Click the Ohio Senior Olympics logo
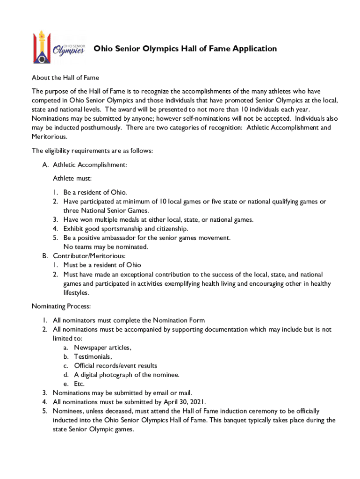58,47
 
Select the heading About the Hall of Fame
65,78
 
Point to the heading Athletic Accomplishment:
90,165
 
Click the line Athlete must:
72,179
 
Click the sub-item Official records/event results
115,365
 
